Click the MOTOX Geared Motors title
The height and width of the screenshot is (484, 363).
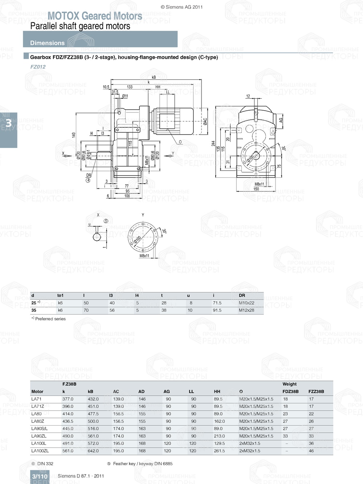(x=95, y=16)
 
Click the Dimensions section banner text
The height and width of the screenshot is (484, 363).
(x=47, y=43)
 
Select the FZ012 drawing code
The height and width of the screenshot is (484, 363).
(x=38, y=67)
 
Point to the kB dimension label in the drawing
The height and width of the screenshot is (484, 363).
(x=154, y=77)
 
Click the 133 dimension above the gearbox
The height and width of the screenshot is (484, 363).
(x=130, y=87)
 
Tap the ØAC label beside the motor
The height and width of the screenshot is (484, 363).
(x=205, y=122)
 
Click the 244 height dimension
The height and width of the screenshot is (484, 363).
(x=213, y=143)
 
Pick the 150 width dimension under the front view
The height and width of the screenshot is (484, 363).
(x=256, y=189)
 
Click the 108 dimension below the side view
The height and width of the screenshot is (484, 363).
(x=127, y=196)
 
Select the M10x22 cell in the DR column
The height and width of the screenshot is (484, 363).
(x=246, y=303)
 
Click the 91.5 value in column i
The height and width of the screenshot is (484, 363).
(x=217, y=310)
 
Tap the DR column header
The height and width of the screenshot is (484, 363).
(x=242, y=295)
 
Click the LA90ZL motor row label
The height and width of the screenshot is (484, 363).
(x=39, y=436)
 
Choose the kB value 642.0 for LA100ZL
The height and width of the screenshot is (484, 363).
(x=93, y=451)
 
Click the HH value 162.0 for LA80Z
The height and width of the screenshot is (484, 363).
(x=219, y=421)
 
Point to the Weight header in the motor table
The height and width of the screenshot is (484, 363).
(x=289, y=384)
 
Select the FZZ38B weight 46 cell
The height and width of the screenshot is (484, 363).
(x=311, y=451)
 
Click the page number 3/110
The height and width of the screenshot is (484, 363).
(x=40, y=476)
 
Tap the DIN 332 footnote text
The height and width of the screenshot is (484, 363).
(x=45, y=464)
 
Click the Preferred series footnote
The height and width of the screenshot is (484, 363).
(x=50, y=319)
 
